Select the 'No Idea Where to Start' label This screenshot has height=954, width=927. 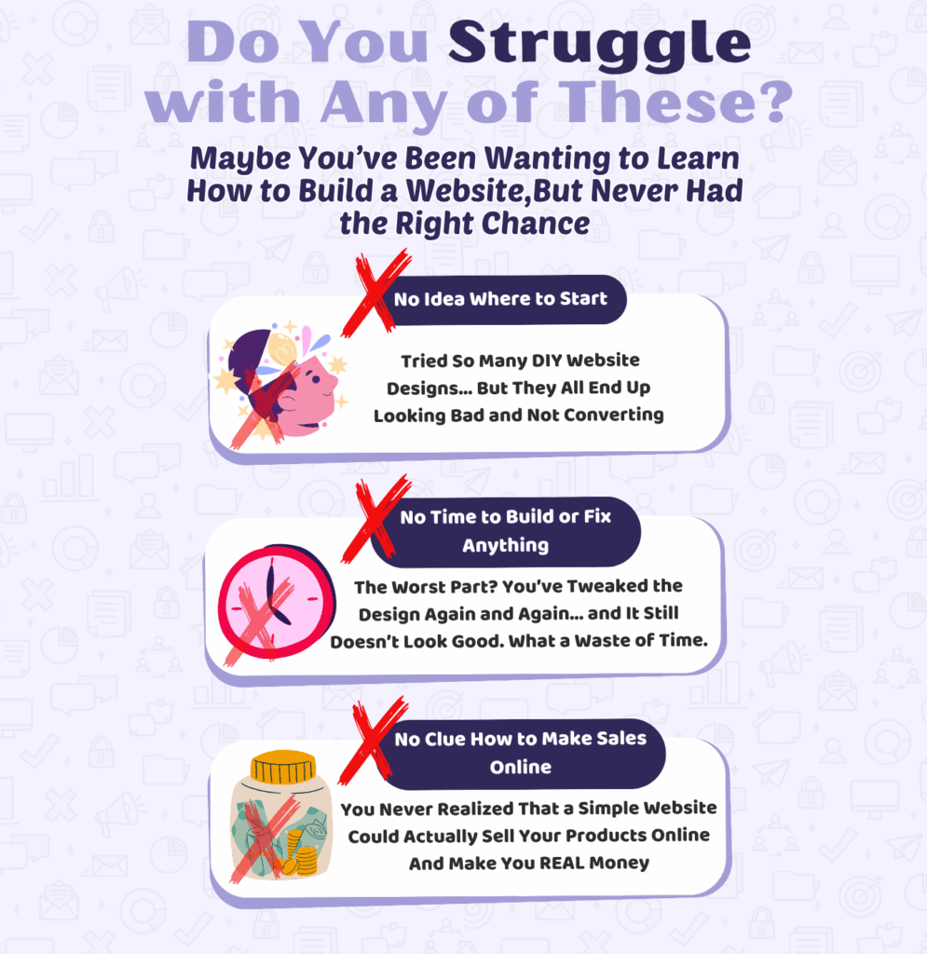coord(500,299)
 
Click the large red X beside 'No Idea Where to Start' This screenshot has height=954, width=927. coord(375,293)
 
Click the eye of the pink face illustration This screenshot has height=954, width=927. coord(316,380)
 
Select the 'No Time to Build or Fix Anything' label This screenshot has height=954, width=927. coord(506,531)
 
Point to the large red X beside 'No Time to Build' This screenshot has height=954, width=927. coord(375,519)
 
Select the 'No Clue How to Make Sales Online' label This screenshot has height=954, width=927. coord(520,753)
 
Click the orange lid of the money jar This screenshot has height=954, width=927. coord(283,768)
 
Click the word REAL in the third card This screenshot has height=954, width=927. coord(562,864)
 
